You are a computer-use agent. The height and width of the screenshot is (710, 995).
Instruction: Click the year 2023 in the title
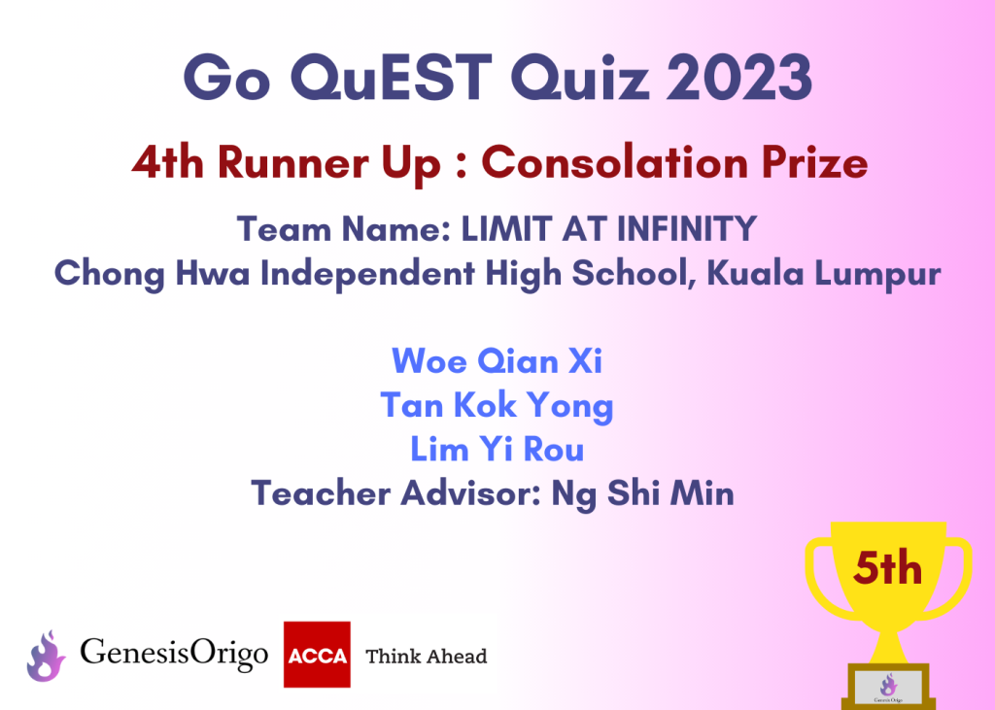click(x=739, y=78)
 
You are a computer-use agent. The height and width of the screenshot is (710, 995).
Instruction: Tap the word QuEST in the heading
click(x=392, y=78)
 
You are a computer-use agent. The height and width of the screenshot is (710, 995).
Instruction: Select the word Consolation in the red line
click(x=615, y=162)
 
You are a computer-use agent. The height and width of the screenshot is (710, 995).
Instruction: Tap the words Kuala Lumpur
click(x=824, y=274)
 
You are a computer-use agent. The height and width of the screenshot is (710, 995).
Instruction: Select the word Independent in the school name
click(x=367, y=274)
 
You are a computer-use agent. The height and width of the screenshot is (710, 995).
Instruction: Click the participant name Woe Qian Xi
click(x=497, y=361)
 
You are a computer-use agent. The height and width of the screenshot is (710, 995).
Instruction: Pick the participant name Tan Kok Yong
click(x=497, y=406)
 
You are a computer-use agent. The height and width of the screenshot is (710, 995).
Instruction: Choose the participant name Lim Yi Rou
click(x=497, y=450)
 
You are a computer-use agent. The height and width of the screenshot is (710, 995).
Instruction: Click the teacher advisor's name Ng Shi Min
click(x=643, y=493)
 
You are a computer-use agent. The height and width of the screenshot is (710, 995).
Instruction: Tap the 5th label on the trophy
click(x=887, y=568)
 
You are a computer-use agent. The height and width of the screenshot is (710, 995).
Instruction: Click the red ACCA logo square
click(x=317, y=655)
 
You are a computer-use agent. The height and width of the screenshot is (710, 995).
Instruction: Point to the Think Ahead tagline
click(x=427, y=656)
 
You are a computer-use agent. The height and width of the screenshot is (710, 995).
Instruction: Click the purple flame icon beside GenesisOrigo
click(x=46, y=656)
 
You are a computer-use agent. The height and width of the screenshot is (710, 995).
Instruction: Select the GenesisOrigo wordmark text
click(x=174, y=654)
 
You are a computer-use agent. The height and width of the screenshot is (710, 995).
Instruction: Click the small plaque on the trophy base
click(x=888, y=688)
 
